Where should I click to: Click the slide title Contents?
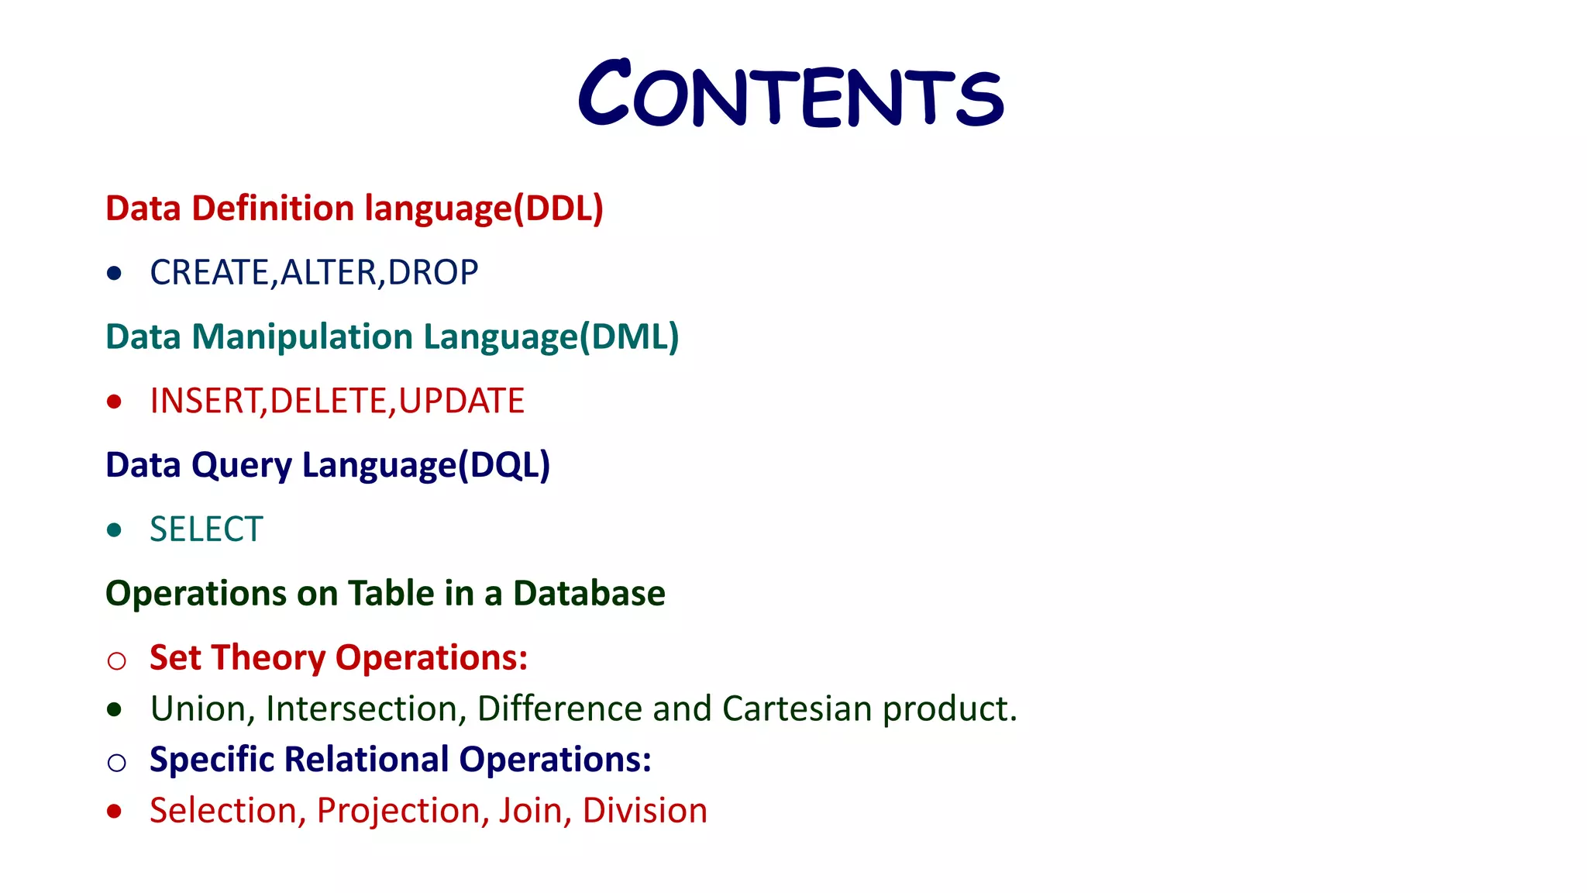[790, 95]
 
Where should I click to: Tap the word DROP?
[432, 273]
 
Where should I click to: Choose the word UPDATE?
[461, 402]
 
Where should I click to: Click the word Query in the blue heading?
[242, 466]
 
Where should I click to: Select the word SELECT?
[206, 530]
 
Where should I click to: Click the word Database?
[589, 594]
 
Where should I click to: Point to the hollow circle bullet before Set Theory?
[116, 660]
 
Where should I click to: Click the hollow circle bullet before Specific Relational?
[116, 763]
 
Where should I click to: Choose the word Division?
[645, 811]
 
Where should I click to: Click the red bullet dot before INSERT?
[115, 402]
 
